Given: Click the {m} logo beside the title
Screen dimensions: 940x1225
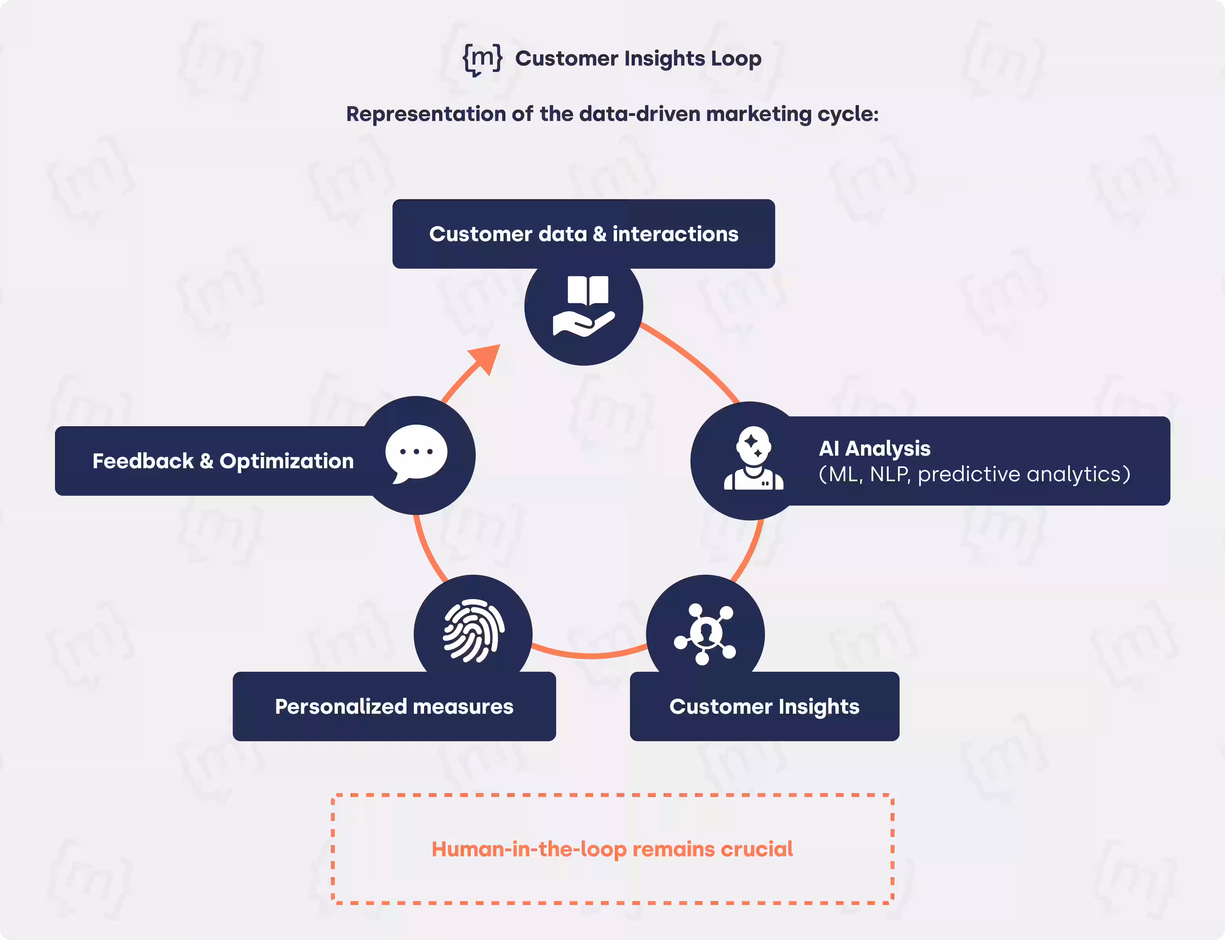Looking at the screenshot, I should click(482, 59).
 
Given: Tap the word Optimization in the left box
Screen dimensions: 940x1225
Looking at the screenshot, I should click(286, 461).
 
